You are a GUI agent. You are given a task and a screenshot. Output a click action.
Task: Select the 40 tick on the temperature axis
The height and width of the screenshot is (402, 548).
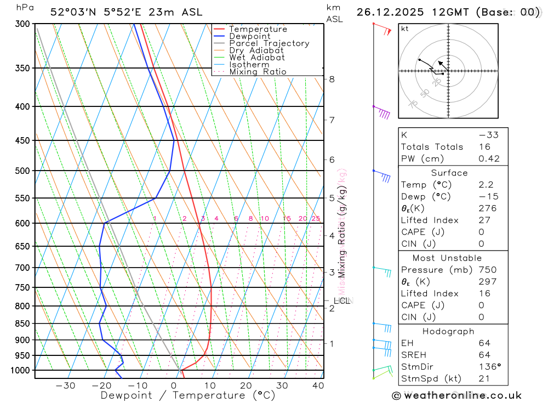[318, 386]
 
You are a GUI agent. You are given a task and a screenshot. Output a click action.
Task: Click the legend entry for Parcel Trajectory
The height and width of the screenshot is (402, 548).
[269, 43]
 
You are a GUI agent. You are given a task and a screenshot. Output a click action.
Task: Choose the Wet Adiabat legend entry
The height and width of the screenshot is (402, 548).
[256, 58]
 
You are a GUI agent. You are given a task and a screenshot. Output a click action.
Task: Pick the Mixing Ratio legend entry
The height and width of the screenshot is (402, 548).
[258, 72]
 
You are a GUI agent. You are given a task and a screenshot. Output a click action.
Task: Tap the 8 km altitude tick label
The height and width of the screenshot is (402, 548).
[332, 79]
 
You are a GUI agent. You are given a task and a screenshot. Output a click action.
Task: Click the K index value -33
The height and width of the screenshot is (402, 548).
[488, 135]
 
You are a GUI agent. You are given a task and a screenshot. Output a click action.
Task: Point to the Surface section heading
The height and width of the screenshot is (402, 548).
[449, 173]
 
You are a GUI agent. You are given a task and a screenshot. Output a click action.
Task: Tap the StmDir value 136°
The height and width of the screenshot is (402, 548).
[488, 367]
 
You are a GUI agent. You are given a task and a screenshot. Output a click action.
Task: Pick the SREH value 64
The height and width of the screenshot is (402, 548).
[484, 355]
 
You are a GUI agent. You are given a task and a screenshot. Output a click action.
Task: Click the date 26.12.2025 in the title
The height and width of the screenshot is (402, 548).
[395, 12]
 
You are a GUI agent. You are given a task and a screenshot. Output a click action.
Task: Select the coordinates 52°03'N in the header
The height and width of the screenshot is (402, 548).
[72, 12]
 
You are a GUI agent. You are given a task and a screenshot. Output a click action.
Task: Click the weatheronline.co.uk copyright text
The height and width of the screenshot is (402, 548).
[457, 395]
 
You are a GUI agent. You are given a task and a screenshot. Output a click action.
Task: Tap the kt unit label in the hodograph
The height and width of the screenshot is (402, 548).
[405, 29]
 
